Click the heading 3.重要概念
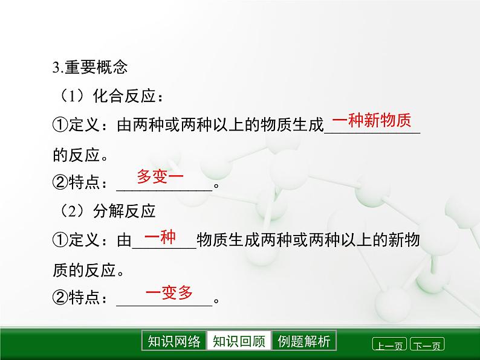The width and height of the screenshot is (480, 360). coord(90,67)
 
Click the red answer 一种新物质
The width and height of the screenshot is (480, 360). coord(372,121)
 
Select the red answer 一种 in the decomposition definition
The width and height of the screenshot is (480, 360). coord(160,237)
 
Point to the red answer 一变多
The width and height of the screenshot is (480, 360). coord(169,294)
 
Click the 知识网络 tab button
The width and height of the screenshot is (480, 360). coord(174,341)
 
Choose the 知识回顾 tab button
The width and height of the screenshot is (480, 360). coord(239,341)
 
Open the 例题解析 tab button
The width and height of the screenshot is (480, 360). coord(304,341)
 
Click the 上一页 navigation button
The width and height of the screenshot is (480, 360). coord(389,346)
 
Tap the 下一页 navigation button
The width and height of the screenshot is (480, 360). coord(427,346)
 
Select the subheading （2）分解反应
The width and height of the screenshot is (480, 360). coord(106,211)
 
